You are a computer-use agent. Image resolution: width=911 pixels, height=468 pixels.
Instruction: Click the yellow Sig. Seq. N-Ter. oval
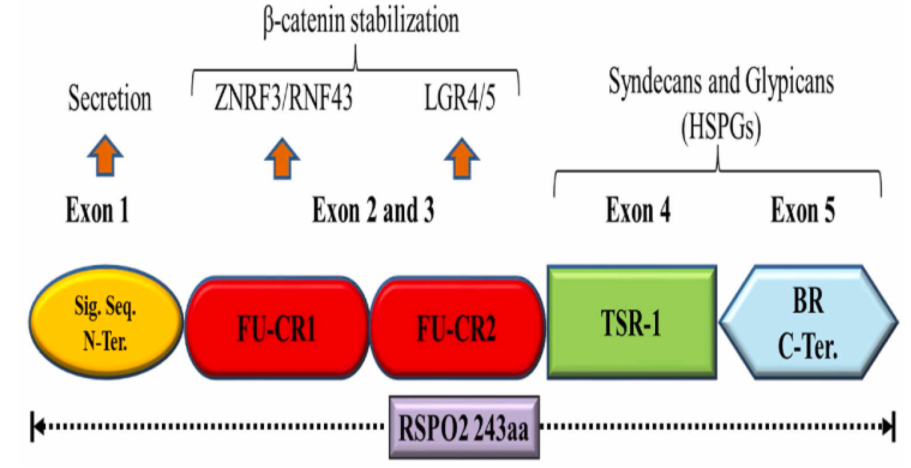pos(106,322)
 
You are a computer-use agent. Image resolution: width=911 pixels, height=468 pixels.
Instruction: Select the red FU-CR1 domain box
pos(277,328)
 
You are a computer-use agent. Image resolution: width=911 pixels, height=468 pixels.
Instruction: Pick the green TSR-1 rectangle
pos(632,322)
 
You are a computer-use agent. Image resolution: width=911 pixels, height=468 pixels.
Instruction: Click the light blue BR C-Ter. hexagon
pos(808,322)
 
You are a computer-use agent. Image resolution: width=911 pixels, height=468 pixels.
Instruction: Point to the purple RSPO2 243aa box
pos(464,427)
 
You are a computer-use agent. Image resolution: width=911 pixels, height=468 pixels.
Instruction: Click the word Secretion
pos(110,98)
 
